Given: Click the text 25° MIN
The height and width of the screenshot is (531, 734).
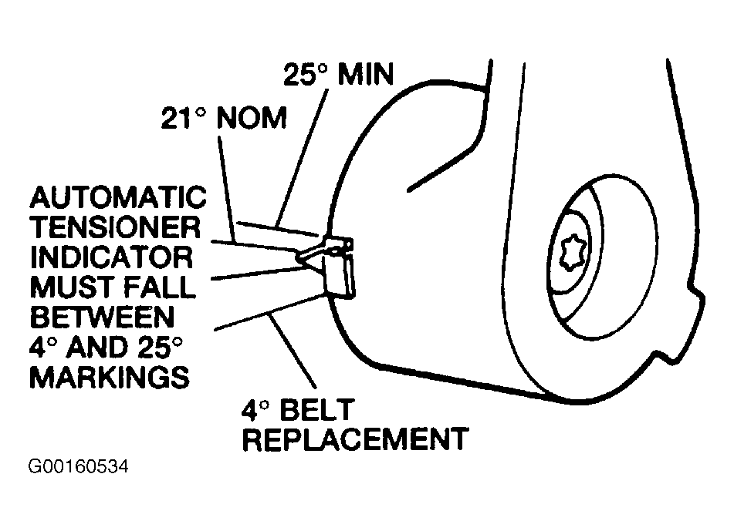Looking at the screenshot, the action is [x=338, y=75].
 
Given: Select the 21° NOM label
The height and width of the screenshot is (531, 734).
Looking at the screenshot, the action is [x=224, y=119].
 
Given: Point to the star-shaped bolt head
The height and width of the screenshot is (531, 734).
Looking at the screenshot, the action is [x=574, y=251].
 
